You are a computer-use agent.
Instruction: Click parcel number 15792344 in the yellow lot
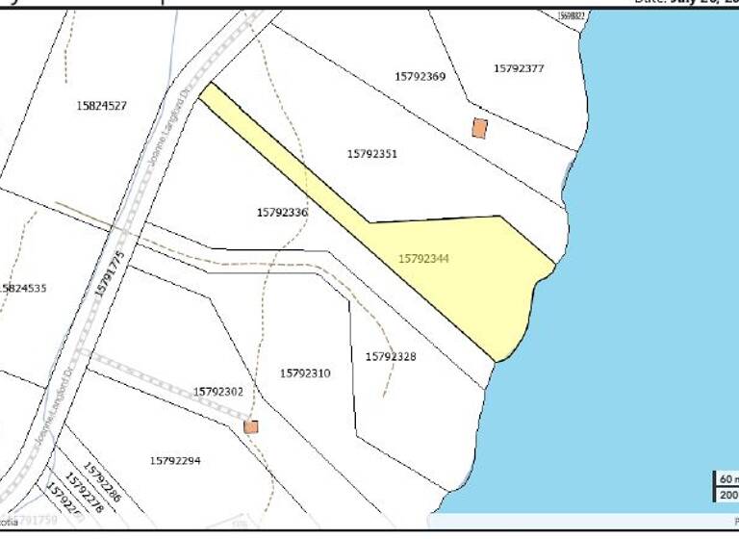click(x=423, y=259)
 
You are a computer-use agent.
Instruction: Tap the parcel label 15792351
click(x=372, y=154)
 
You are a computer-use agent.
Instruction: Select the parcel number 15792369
click(x=420, y=76)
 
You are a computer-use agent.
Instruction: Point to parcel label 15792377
click(x=519, y=68)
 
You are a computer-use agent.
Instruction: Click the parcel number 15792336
click(x=283, y=213)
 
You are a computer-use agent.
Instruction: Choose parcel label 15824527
click(x=102, y=106)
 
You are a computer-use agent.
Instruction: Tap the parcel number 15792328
click(x=391, y=357)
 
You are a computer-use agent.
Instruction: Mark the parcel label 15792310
click(x=305, y=373)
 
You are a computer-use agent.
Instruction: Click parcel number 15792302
click(x=218, y=392)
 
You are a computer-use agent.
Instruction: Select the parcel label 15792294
click(x=175, y=461)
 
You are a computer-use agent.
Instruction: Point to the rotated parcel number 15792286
click(x=101, y=482)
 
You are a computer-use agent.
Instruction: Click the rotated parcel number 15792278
click(x=85, y=491)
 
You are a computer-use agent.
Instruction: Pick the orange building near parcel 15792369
click(x=479, y=128)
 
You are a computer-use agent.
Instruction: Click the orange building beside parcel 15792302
click(x=251, y=426)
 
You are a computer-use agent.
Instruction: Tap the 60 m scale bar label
click(x=726, y=479)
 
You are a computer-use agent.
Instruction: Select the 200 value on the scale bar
click(x=726, y=495)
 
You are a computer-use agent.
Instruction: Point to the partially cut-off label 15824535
click(x=24, y=288)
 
